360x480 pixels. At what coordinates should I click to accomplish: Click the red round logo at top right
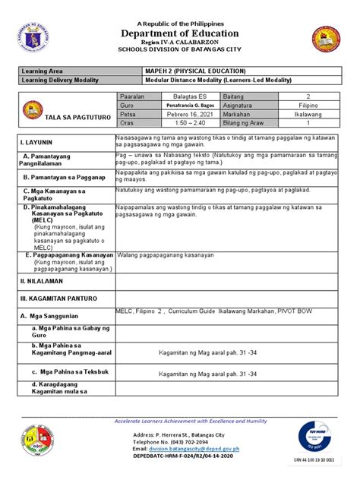click(x=326, y=40)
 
